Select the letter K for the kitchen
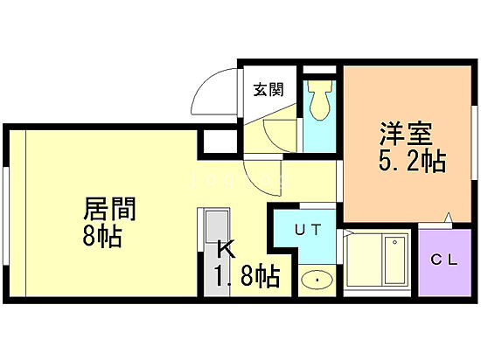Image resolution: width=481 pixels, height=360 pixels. pyautogui.click(x=226, y=249)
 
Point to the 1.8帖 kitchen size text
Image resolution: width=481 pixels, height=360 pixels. pyautogui.click(x=247, y=279)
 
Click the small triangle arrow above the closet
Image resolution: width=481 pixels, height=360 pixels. pyautogui.click(x=447, y=218)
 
